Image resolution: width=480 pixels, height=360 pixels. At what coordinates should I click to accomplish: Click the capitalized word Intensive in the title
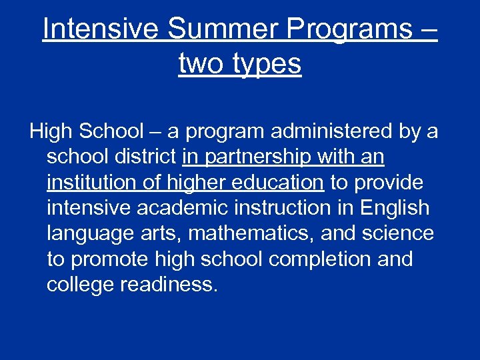point(101,29)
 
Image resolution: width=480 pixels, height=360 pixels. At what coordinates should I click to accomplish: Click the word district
point(142,157)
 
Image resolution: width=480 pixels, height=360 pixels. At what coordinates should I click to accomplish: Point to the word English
point(395,208)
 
